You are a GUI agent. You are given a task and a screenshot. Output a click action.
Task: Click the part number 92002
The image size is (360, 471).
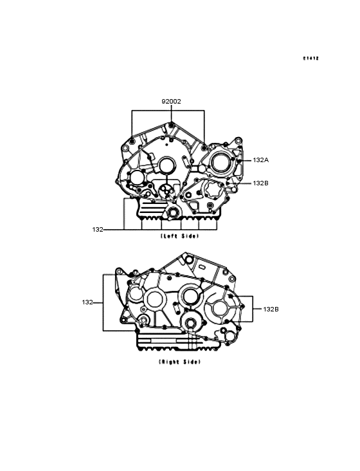click(x=171, y=102)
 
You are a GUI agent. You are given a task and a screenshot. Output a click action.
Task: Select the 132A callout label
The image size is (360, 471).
click(x=261, y=160)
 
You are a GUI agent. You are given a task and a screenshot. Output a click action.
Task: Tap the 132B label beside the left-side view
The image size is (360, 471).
click(x=260, y=183)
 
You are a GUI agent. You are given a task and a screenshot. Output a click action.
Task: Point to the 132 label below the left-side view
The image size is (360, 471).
click(x=98, y=230)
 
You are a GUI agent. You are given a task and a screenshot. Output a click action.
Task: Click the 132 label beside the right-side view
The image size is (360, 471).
click(x=87, y=302)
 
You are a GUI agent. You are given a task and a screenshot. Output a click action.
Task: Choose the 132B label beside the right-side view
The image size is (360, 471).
click(x=271, y=309)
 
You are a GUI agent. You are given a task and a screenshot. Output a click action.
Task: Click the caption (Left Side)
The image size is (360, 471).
click(x=180, y=236)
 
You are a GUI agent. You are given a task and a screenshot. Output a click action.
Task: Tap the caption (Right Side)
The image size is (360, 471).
click(x=179, y=362)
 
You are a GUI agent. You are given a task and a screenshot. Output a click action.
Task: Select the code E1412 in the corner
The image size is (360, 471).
click(x=310, y=59)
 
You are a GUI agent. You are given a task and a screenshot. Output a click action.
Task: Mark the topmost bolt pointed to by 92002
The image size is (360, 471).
click(x=171, y=125)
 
